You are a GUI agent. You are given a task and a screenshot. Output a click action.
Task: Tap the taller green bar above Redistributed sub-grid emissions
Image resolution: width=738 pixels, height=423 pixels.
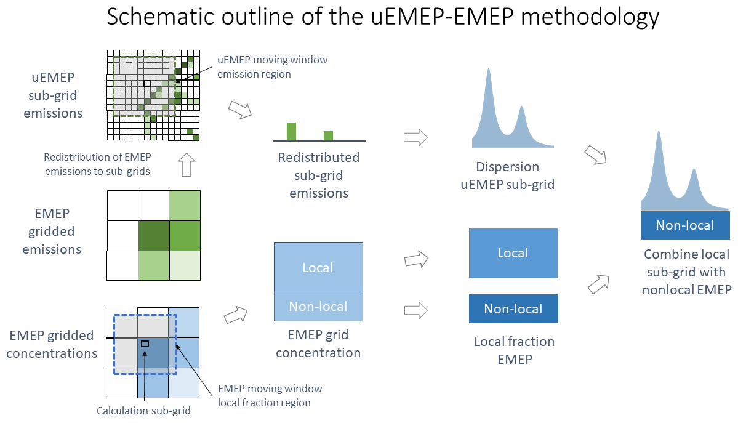291,132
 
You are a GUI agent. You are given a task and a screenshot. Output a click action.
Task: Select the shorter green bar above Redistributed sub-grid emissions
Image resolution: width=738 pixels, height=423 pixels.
328,136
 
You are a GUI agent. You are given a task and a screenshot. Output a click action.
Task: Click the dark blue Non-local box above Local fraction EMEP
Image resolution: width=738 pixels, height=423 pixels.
513,309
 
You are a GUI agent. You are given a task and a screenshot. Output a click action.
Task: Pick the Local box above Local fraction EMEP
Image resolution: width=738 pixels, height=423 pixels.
513,253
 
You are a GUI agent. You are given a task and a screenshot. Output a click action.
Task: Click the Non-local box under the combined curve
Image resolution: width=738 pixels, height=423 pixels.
685,225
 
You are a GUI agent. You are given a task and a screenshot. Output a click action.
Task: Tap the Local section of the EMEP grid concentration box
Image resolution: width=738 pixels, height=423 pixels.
318,267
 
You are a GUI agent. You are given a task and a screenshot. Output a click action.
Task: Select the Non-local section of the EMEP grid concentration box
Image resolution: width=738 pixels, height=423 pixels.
318,307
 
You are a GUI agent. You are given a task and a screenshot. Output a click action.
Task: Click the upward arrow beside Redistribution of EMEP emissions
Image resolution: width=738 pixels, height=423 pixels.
185,165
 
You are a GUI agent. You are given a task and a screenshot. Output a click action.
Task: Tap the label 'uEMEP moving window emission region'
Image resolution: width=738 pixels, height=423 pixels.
273,66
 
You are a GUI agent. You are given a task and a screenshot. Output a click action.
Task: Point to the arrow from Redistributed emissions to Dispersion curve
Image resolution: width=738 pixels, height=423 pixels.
415,137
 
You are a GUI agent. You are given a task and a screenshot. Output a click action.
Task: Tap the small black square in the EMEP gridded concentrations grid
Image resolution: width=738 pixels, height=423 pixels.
145,344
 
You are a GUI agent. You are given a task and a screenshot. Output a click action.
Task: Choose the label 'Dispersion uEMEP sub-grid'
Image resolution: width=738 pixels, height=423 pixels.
508,175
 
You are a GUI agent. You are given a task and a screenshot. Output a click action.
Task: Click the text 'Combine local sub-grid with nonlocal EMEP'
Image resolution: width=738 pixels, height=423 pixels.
686,272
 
